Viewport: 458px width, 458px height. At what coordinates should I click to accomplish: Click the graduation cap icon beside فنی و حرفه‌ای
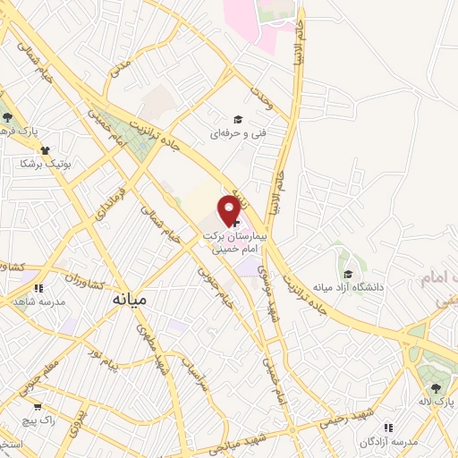coord(237,119)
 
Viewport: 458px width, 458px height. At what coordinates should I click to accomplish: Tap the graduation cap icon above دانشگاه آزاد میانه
coord(346,273)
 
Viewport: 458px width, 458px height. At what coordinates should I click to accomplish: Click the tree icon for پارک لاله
coord(436,386)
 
